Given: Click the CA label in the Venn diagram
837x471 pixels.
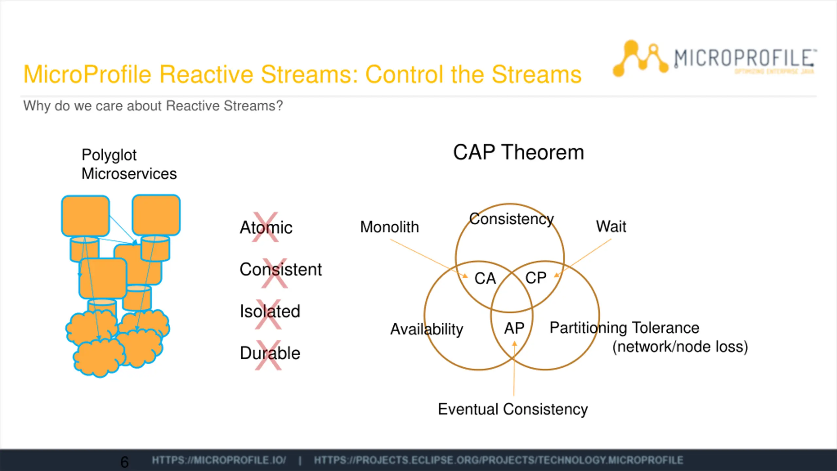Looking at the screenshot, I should click(485, 278).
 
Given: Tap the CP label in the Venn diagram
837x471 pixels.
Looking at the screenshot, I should click(536, 278).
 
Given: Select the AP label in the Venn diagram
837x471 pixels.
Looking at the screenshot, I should click(514, 328).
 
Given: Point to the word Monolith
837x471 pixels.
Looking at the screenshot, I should click(389, 227).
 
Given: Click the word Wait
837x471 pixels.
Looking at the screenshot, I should click(611, 226).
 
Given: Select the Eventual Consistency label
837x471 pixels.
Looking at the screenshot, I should click(513, 409).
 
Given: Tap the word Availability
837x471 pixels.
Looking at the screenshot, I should click(427, 329).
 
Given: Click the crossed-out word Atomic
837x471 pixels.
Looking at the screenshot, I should click(266, 227).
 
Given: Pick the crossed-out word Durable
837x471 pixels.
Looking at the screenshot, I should click(270, 353).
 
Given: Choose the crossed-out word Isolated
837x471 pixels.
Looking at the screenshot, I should click(270, 311).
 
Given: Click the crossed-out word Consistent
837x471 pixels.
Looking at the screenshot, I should click(281, 269).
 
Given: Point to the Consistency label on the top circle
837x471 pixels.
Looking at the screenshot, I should click(511, 219).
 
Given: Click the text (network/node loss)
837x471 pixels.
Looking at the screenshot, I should click(680, 347).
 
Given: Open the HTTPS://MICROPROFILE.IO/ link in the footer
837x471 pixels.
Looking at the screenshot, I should click(219, 460).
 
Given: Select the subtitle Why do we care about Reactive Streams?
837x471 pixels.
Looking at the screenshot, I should click(153, 106).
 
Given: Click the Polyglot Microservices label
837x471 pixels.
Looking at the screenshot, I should click(129, 164).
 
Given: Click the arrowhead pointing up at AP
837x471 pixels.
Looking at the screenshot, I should click(514, 344).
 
